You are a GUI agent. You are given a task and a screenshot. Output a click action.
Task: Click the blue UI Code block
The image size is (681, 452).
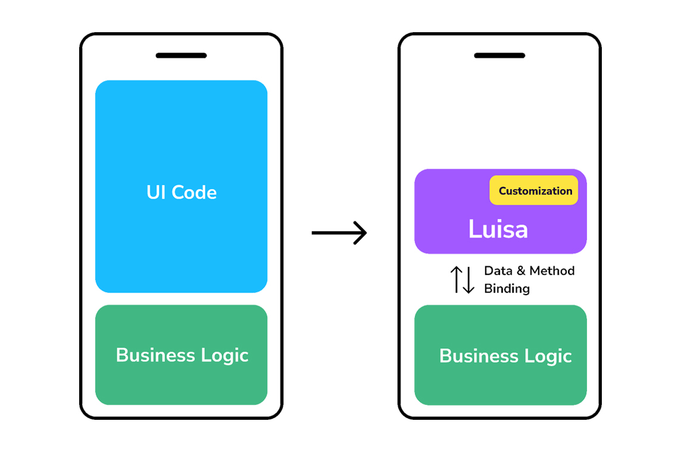(181, 186)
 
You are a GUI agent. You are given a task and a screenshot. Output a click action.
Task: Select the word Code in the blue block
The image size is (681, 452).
(194, 192)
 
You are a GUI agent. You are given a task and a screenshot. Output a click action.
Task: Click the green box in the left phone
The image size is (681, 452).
(181, 355)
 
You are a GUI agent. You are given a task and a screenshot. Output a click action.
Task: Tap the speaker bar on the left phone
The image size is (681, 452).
(181, 55)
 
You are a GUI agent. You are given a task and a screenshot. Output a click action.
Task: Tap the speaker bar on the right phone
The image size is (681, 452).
(499, 55)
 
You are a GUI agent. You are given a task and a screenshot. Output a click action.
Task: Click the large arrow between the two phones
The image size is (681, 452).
(339, 233)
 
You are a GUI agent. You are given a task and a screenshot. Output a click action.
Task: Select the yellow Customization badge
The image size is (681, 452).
(534, 190)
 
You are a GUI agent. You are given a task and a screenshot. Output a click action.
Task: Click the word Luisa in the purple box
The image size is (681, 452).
(498, 229)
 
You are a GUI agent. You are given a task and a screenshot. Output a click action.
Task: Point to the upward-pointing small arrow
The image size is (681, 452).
(457, 279)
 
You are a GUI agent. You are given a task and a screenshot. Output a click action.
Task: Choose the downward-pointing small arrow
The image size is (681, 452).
(468, 280)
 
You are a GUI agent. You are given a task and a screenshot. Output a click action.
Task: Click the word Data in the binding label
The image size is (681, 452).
(498, 271)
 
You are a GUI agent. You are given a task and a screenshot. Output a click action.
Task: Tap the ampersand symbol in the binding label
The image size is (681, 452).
(521, 271)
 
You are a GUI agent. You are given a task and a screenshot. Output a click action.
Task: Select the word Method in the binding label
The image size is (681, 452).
(552, 271)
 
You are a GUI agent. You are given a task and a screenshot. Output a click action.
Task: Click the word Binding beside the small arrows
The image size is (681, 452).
(507, 289)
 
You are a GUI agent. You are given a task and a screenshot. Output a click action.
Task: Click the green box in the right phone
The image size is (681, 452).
(500, 355)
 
